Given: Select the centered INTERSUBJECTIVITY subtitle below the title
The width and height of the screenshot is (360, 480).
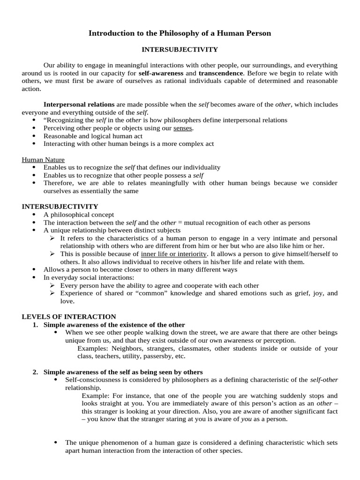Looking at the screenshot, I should click(180, 49).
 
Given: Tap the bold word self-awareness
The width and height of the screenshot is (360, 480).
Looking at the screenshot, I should click(161, 74).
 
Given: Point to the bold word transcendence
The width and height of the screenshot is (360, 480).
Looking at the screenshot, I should click(220, 74).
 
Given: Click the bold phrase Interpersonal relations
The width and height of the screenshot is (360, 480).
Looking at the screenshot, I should click(79, 105).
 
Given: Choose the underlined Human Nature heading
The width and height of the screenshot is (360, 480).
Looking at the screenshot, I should click(43, 159).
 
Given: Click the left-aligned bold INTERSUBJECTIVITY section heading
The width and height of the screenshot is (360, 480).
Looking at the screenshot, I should click(60, 206).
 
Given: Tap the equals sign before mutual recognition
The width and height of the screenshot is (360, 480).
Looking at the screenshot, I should click(180, 223).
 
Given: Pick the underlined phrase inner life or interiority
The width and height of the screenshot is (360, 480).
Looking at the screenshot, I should click(173, 254).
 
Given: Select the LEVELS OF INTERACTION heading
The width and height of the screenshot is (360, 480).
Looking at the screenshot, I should click(69, 317).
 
